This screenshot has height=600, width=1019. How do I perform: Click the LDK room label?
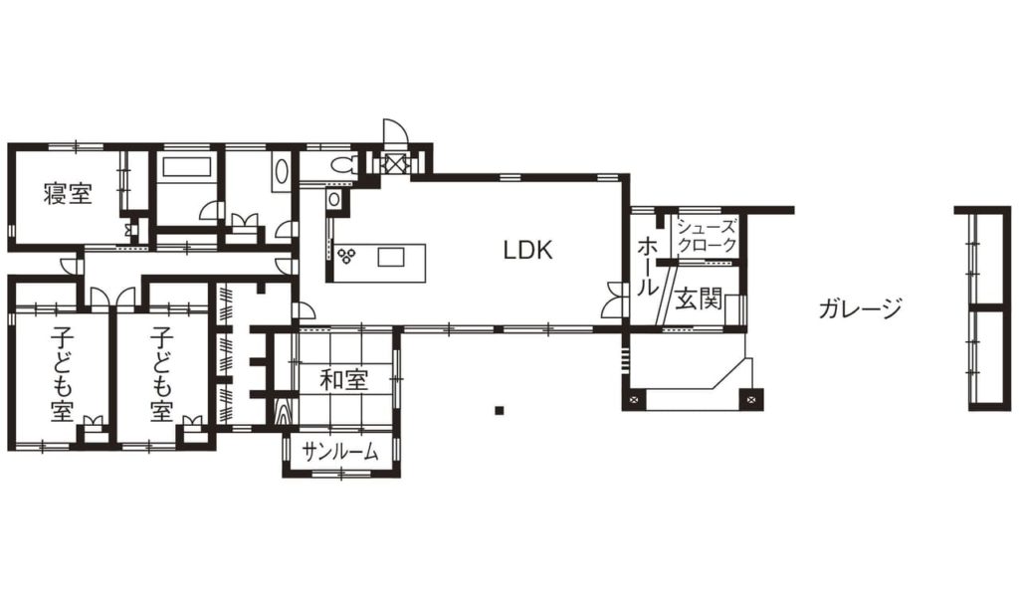(x=527, y=250)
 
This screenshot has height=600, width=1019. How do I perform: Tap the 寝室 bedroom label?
(x=68, y=194)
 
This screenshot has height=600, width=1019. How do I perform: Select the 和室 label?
(x=343, y=380)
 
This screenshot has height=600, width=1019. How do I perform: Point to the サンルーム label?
(x=340, y=451)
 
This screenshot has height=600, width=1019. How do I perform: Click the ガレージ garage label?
(x=860, y=308)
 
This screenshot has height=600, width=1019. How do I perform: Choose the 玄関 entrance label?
(x=699, y=300)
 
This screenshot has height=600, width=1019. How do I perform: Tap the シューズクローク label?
(x=708, y=236)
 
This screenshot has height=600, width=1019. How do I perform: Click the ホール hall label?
(x=647, y=267)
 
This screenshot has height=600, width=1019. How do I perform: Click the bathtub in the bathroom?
(x=187, y=167)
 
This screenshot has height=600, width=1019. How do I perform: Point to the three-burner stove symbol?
(x=345, y=256)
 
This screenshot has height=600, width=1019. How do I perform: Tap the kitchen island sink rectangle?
(x=391, y=257)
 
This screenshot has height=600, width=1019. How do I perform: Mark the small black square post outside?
(x=500, y=410)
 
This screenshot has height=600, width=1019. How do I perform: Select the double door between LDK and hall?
(x=612, y=300)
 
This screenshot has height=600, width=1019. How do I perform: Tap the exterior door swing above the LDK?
(x=394, y=132)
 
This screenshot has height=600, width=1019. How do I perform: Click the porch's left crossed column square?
(x=635, y=400)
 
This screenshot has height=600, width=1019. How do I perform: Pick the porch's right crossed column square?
(x=751, y=399)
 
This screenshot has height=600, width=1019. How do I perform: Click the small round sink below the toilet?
(x=333, y=199)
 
